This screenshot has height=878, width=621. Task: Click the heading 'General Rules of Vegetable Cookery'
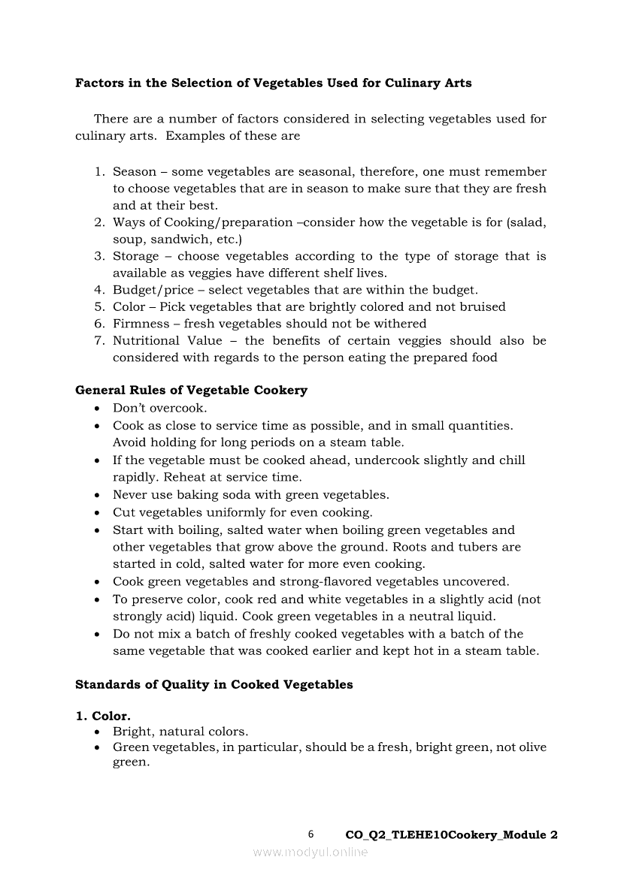(191, 391)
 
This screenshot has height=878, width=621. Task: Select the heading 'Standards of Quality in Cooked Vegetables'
(214, 685)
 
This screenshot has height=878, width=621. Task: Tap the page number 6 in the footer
(311, 834)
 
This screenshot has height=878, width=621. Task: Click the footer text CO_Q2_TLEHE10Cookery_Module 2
(451, 835)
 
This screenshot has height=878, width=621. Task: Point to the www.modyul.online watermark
(310, 852)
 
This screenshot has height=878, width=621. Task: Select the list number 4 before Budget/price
(98, 290)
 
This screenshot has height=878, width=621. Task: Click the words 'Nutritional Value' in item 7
(168, 341)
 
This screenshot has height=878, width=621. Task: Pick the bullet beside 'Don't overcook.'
(98, 409)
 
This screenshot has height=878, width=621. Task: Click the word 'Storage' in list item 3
(136, 256)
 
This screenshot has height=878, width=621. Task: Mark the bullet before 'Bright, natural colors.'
(98, 732)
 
